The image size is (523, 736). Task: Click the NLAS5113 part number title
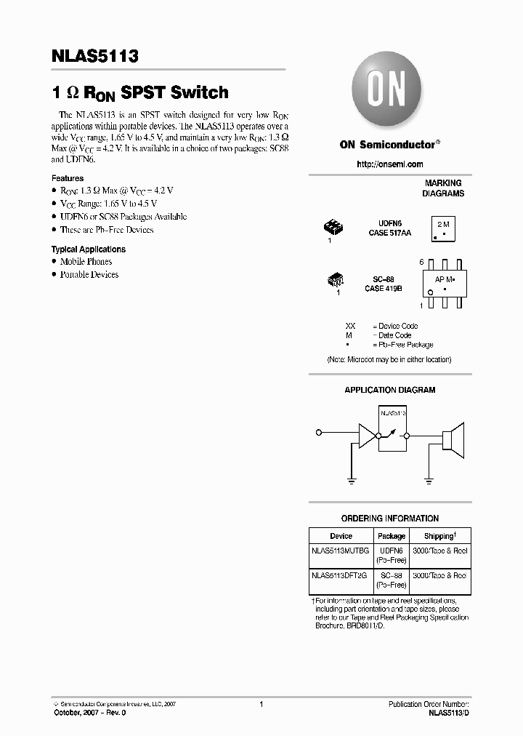[x=94, y=57]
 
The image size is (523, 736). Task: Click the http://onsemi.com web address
[x=389, y=164]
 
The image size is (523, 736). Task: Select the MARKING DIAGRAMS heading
[x=443, y=188]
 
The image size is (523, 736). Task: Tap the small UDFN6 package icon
[x=333, y=228]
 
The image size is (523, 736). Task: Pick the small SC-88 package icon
[x=336, y=279]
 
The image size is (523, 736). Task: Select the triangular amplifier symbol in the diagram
[x=368, y=435]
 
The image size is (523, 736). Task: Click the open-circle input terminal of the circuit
[x=318, y=434]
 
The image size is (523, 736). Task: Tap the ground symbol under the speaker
[x=429, y=481]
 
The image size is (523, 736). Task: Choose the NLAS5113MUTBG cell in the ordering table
[x=340, y=551]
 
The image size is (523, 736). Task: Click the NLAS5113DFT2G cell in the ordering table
[x=340, y=575]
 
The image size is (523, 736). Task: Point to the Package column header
[x=392, y=536]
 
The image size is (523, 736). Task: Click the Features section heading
[x=68, y=178]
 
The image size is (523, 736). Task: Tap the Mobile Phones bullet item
[x=86, y=261]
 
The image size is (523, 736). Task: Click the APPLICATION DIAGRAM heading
[x=389, y=391]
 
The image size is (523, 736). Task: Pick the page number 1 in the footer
[x=261, y=704]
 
